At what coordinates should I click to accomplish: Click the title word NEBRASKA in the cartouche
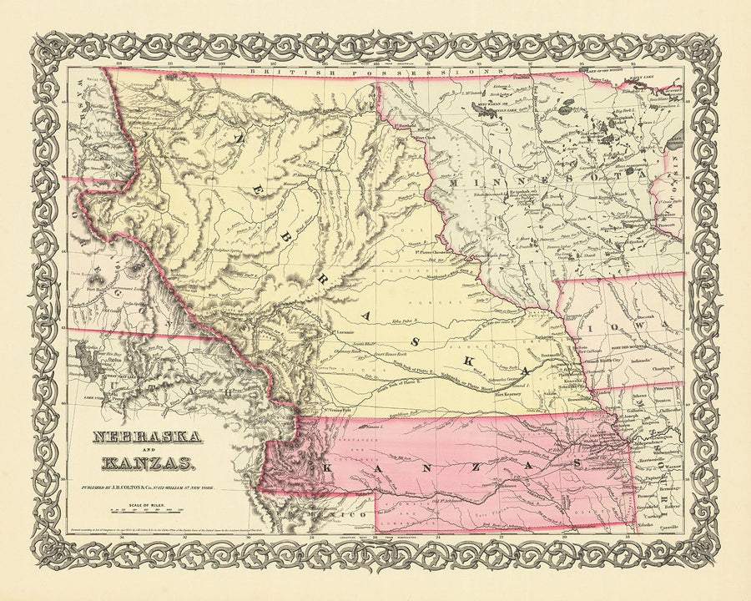[145, 437]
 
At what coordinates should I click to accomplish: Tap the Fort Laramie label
[345, 332]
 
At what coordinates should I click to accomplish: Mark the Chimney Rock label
[360, 351]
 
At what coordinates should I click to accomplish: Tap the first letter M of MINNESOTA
[456, 180]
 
